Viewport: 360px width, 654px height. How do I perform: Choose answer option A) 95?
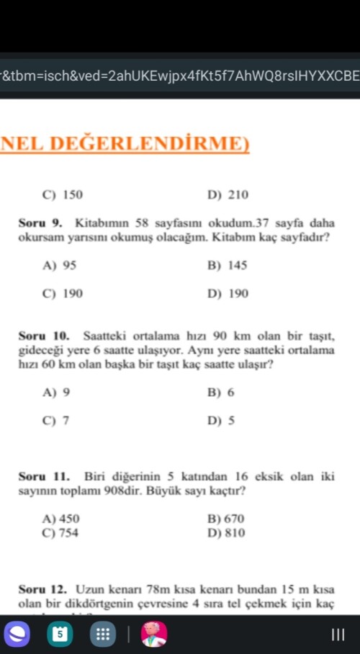(60, 266)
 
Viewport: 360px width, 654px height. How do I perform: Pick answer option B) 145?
(227, 266)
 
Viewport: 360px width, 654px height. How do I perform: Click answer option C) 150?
(63, 194)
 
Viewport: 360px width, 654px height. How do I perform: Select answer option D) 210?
(228, 194)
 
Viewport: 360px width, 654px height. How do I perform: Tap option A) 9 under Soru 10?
(57, 393)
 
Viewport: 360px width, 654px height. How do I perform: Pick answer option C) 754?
(61, 533)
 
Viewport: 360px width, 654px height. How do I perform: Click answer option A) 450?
(61, 519)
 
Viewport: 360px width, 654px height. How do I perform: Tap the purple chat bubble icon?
(19, 635)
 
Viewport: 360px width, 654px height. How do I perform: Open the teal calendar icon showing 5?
(60, 635)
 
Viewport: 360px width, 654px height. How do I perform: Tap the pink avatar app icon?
(153, 635)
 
